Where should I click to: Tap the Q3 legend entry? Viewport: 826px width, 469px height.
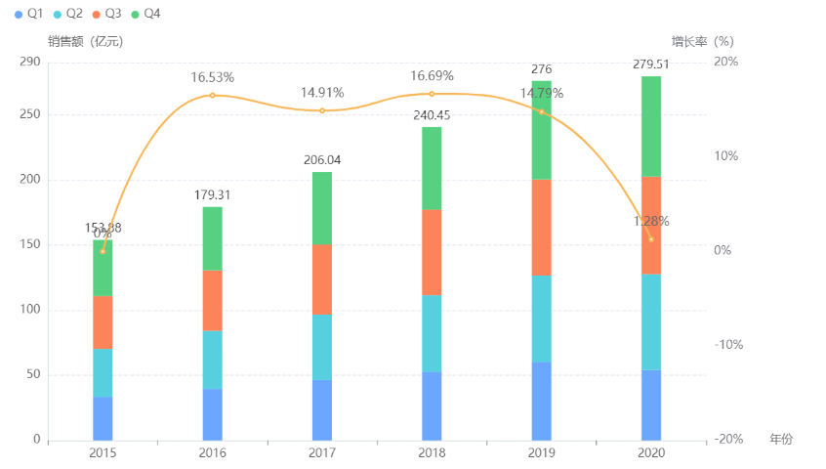106,14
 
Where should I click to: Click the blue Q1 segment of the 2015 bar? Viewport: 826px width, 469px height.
103,418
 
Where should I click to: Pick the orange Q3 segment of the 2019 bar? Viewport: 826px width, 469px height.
542,227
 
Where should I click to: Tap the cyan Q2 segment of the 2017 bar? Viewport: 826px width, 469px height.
322,347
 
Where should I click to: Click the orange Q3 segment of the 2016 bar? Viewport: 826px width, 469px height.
213,300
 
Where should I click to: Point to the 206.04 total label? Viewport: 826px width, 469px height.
322,160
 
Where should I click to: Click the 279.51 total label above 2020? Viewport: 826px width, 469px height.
651,64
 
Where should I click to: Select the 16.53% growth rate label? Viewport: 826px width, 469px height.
212,77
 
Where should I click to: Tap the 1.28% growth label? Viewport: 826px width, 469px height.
651,222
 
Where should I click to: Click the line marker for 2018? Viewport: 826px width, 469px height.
432,94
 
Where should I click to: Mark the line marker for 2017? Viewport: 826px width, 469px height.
322,110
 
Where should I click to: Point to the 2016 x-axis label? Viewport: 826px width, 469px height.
212,453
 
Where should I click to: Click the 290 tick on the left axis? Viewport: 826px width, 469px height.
30,62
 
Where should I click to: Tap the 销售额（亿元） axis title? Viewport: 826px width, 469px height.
86,41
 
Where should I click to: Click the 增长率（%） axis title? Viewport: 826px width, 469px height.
702,41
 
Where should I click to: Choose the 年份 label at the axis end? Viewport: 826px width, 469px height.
781,439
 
